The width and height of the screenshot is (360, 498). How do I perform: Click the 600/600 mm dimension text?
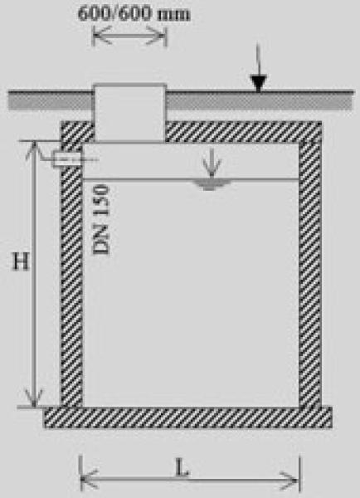pos(134,14)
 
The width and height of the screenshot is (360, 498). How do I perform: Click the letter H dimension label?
pos(21,261)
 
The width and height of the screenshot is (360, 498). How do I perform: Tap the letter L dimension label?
pos(182,467)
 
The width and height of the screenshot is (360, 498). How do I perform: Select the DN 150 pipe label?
pos(101,219)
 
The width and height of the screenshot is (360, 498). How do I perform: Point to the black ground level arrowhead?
pos(258,83)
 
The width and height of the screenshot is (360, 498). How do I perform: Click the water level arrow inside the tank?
pos(212,163)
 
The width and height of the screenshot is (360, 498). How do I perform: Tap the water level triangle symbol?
pos(210,184)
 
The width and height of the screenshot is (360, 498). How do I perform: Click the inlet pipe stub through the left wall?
pos(67,159)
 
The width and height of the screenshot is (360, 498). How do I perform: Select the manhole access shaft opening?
pos(129,113)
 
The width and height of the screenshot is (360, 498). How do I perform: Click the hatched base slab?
pos(187,417)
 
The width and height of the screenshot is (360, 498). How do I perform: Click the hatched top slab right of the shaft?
pos(244,131)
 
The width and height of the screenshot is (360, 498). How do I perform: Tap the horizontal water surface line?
pos(191,180)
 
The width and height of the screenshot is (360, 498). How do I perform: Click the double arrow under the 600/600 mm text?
pos(129,36)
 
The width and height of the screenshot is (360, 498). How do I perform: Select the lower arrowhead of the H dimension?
pos(34,398)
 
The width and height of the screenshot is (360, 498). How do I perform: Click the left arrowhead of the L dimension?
pos(90,479)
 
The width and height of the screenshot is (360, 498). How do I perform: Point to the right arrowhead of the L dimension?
pos(289,481)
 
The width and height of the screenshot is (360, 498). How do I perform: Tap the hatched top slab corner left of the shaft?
pos(77,131)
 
